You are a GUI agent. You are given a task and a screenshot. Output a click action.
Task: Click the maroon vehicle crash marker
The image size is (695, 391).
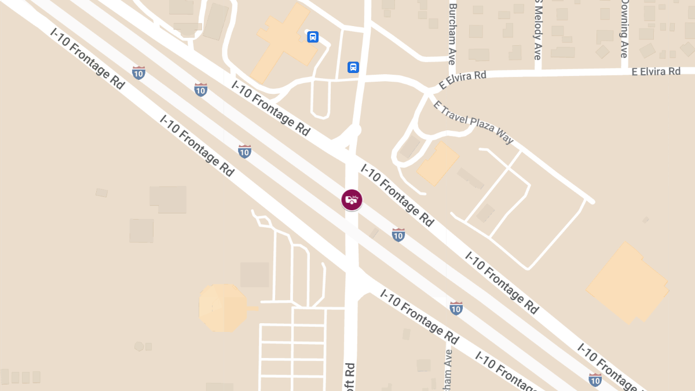click(x=352, y=200)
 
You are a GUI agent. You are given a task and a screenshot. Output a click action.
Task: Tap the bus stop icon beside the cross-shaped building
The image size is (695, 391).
click(x=313, y=37)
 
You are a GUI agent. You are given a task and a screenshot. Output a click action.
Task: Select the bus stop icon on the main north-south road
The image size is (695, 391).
click(x=353, y=67)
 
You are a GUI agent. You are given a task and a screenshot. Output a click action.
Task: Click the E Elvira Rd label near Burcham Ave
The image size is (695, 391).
click(x=462, y=80)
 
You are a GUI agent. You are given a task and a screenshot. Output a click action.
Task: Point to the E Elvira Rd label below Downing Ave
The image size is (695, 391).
click(x=656, y=71)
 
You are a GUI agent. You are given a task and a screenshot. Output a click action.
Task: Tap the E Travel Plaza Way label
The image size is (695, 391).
click(x=473, y=123)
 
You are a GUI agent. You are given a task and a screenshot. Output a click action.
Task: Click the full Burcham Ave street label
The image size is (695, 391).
click(x=453, y=34)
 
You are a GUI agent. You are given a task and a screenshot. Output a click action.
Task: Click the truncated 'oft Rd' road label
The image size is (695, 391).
click(x=350, y=377)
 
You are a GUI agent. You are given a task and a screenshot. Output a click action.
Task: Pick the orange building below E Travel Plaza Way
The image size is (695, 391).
click(x=438, y=163)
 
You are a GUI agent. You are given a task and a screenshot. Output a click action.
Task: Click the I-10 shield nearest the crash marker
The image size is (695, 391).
click(x=398, y=235)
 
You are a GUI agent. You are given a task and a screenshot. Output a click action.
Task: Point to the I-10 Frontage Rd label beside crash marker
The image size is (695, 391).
click(x=397, y=195)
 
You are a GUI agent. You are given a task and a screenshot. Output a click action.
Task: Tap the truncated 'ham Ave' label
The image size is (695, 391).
click(x=448, y=368)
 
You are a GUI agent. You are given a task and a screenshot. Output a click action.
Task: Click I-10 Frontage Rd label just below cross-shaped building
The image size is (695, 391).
click(x=270, y=108)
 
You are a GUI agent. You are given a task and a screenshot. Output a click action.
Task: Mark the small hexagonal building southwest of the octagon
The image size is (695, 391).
click(x=139, y=346)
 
